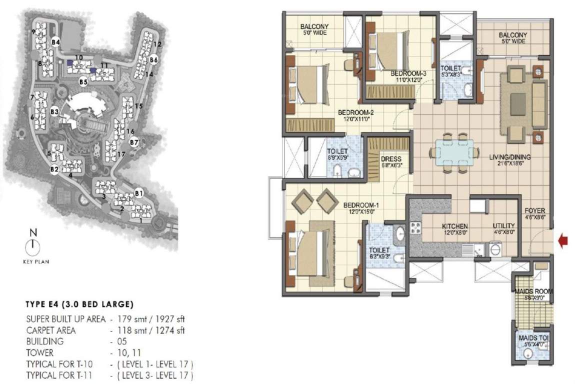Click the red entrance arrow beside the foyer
563,242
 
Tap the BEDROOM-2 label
355,112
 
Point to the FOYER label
534,210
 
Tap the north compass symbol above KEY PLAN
33,245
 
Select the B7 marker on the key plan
133,142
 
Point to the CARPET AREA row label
51,330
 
